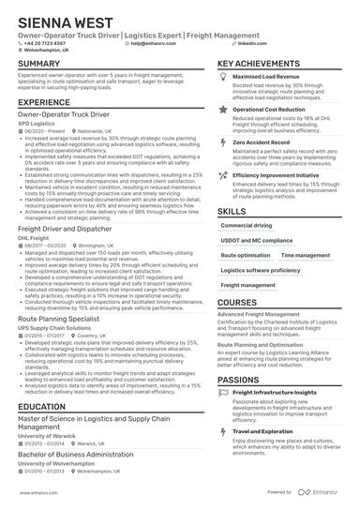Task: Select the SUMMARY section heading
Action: point(39,65)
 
